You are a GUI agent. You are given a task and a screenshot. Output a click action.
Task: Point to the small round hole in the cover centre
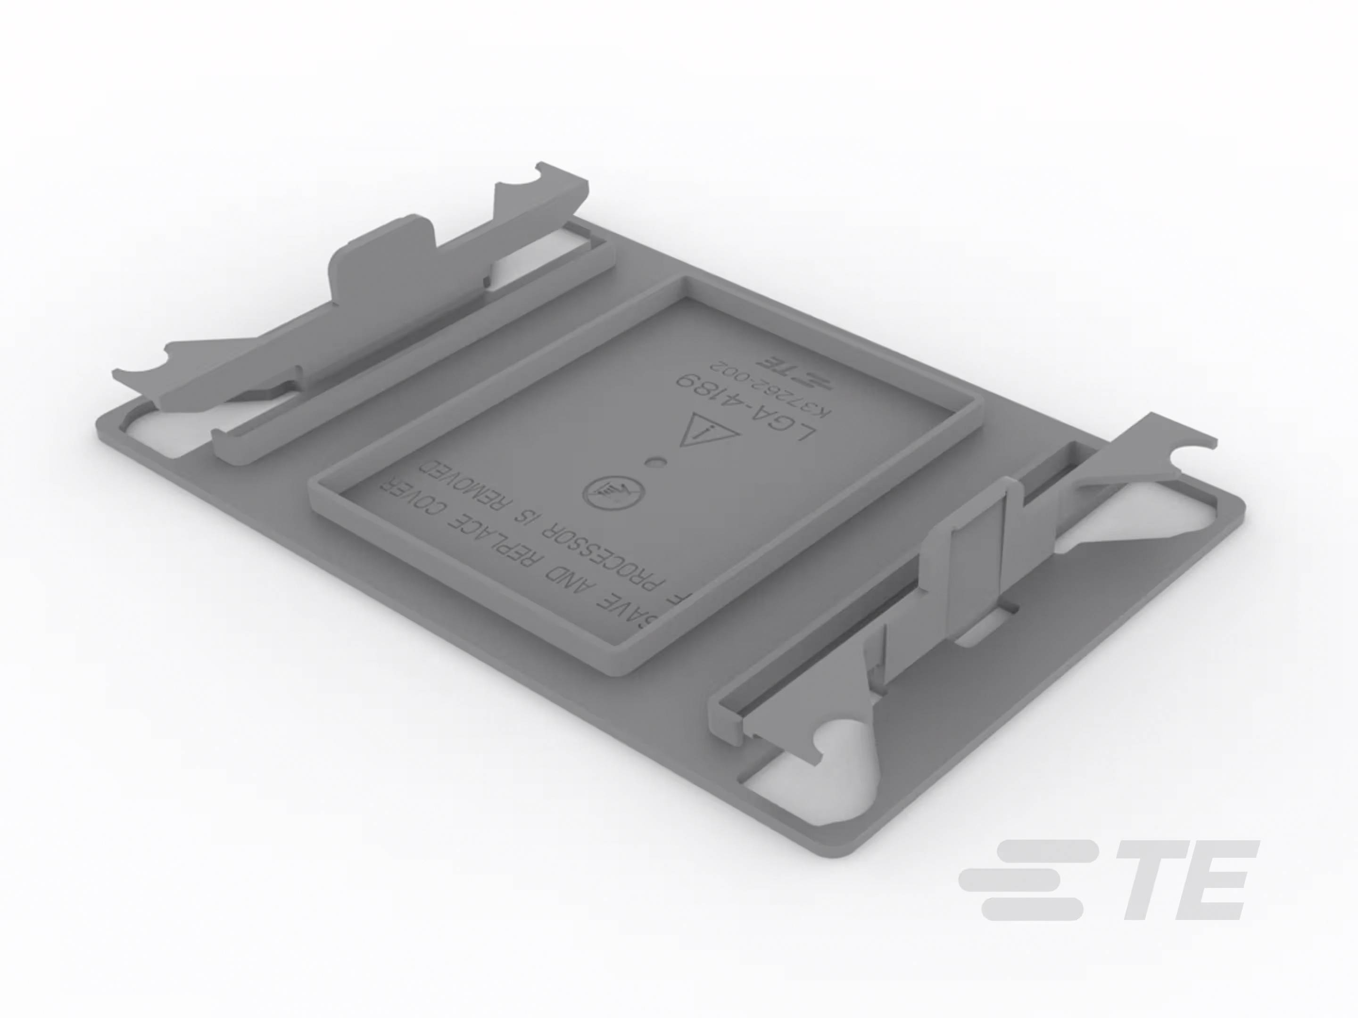click(656, 462)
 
